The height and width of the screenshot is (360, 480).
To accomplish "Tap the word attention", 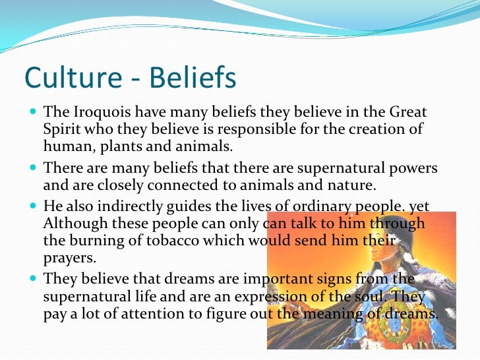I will pyautogui.click(x=154, y=315).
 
